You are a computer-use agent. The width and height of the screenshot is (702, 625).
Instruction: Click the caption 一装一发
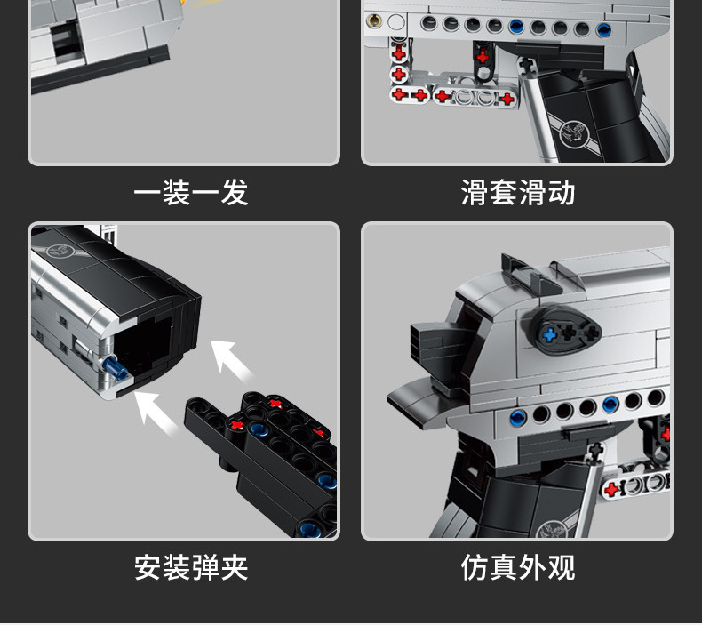tap(190, 192)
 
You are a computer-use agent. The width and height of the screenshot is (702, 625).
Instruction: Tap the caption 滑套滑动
tap(518, 192)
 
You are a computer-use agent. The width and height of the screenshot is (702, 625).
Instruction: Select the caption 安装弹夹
tap(190, 567)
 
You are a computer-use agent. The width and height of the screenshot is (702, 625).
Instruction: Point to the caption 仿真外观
tap(518, 567)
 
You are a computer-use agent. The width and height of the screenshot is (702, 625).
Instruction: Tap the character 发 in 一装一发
tap(234, 192)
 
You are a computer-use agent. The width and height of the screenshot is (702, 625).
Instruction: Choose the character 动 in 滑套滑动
tap(562, 192)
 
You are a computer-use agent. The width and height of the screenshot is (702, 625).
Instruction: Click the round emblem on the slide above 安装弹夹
tap(61, 250)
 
